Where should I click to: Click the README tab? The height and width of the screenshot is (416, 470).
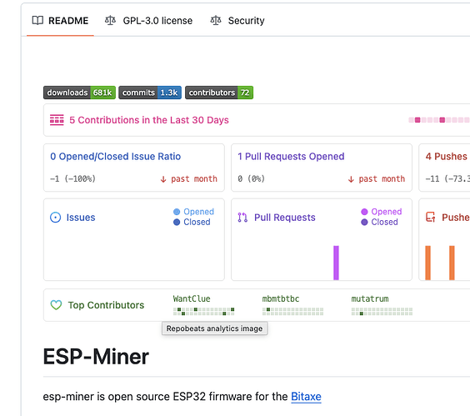tap(60, 21)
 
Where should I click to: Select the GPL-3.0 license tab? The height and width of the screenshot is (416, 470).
tap(148, 21)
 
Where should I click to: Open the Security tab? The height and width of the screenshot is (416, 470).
tap(237, 21)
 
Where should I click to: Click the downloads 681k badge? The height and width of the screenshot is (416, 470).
tap(79, 93)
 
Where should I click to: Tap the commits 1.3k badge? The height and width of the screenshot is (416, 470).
tap(150, 93)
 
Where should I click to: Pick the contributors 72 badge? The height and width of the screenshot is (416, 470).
tap(219, 93)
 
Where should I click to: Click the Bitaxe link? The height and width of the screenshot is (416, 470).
tap(306, 397)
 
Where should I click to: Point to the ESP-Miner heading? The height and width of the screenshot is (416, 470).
tap(96, 357)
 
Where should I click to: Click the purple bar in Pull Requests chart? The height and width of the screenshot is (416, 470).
tap(336, 263)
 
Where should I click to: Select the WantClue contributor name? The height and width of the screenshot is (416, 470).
tap(192, 298)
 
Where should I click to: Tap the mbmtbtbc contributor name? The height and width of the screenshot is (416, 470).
tap(281, 298)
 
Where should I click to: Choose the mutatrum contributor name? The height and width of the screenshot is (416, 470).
tap(370, 298)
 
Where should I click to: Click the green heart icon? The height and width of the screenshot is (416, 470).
tap(56, 305)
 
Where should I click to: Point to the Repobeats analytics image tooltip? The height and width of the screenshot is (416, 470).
tap(215, 328)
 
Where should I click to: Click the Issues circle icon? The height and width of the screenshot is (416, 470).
tap(56, 218)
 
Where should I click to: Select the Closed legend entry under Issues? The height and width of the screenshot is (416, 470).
tap(192, 222)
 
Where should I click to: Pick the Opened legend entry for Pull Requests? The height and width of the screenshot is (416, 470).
tap(382, 212)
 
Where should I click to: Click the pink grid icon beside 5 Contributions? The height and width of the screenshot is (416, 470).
tap(57, 120)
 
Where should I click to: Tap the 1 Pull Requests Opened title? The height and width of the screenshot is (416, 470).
tap(291, 156)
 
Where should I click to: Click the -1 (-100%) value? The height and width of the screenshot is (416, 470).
tap(72, 178)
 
